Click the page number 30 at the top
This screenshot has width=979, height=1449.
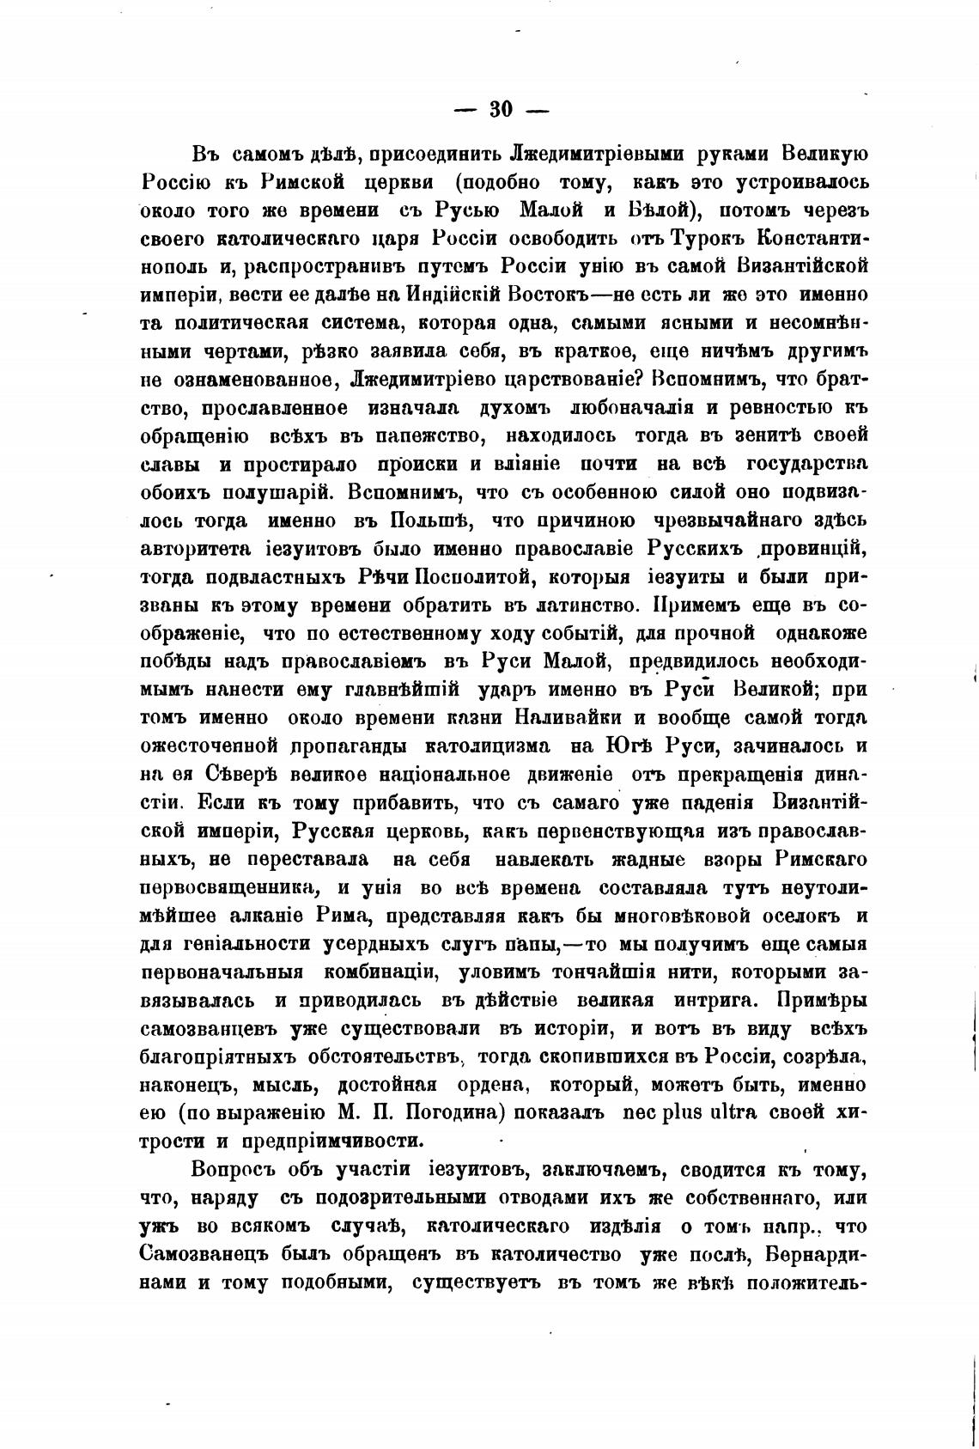pyautogui.click(x=501, y=109)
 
